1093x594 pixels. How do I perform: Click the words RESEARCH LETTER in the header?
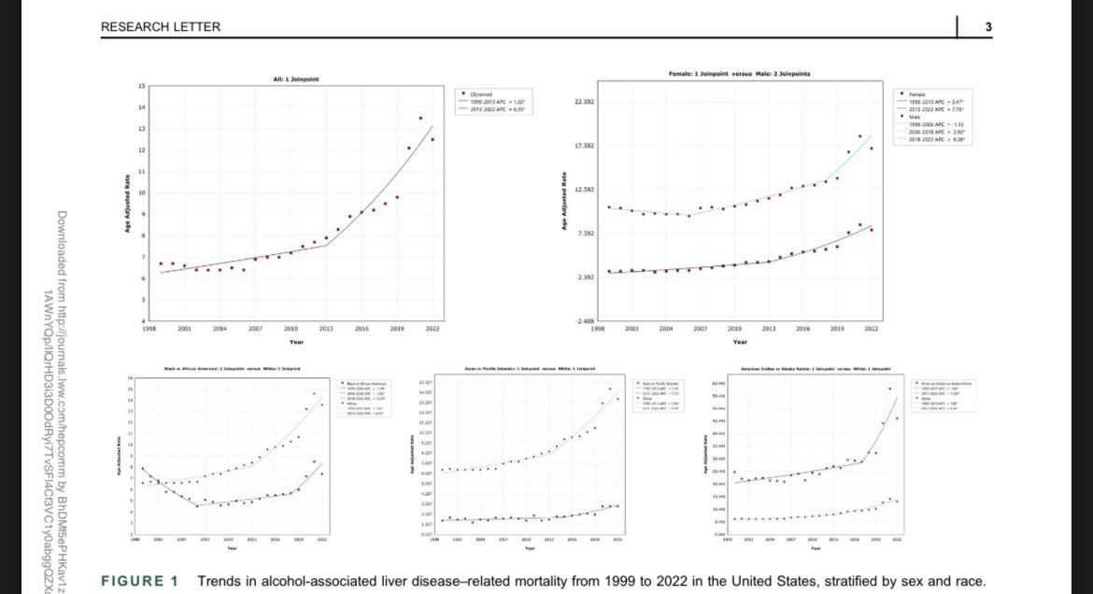coord(161,27)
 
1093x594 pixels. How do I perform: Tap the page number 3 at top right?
coord(987,27)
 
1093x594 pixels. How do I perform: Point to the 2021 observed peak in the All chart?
coord(420,119)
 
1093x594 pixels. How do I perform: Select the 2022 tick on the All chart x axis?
coord(433,330)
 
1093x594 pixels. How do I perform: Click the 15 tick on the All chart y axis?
coord(141,86)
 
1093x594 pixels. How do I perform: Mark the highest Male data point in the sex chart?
coord(859,136)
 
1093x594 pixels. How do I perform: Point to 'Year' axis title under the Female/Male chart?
coord(739,342)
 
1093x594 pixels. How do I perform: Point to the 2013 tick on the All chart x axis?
coord(326,330)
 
